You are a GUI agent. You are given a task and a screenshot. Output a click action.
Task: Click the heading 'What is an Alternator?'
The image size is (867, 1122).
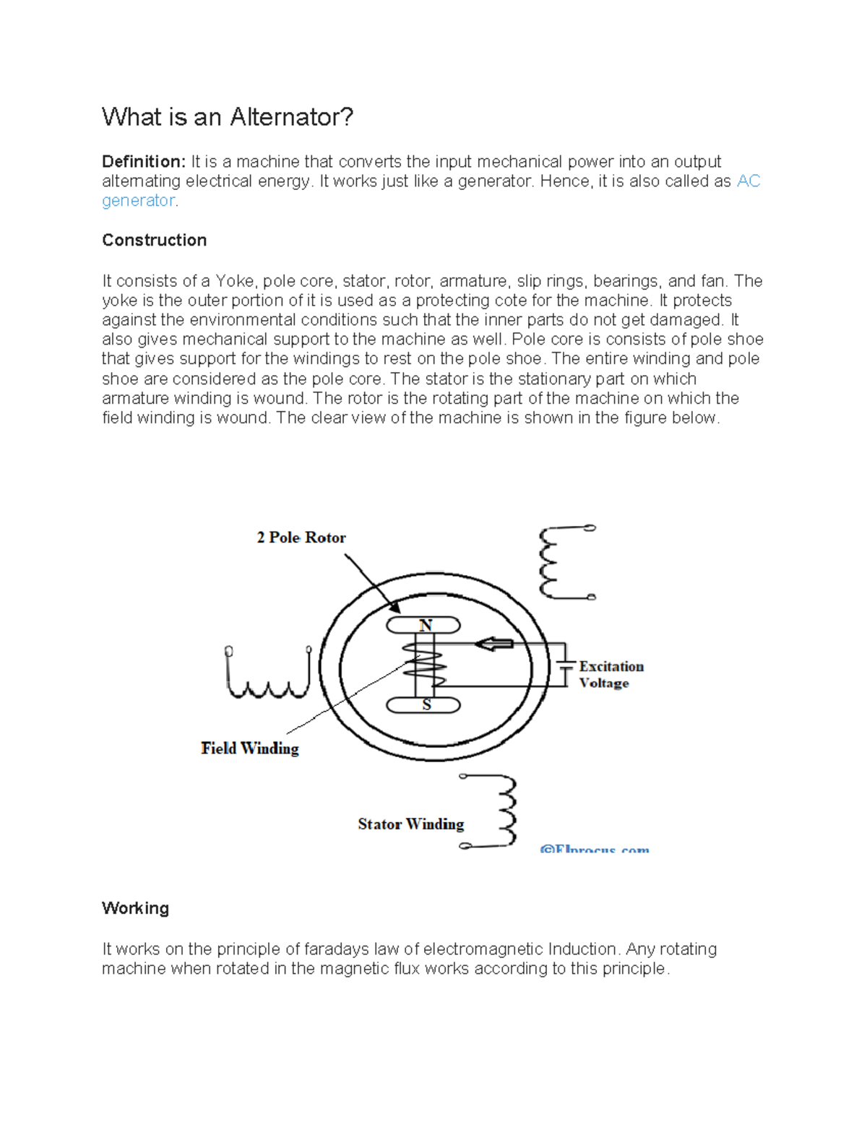point(228,117)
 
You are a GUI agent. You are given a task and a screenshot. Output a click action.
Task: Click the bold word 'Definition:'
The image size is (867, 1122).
point(144,162)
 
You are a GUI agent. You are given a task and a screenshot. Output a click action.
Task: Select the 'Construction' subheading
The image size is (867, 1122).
point(154,241)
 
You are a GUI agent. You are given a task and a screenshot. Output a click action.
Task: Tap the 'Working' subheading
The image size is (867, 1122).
point(135,908)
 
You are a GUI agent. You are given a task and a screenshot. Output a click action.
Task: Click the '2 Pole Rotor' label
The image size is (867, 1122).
point(301,538)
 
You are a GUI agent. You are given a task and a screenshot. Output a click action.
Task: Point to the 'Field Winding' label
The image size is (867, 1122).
point(249,748)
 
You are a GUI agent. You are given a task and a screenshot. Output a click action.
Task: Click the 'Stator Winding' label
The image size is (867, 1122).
point(410,824)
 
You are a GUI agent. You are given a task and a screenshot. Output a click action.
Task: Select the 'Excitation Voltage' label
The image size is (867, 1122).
point(611,674)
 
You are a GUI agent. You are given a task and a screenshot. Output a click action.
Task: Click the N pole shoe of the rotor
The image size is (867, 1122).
point(423,625)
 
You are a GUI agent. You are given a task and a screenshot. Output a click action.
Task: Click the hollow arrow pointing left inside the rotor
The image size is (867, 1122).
point(494,644)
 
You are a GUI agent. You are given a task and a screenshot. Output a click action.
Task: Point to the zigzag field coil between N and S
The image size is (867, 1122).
point(426,665)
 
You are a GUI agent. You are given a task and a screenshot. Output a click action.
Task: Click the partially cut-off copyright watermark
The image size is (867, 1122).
point(594,849)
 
